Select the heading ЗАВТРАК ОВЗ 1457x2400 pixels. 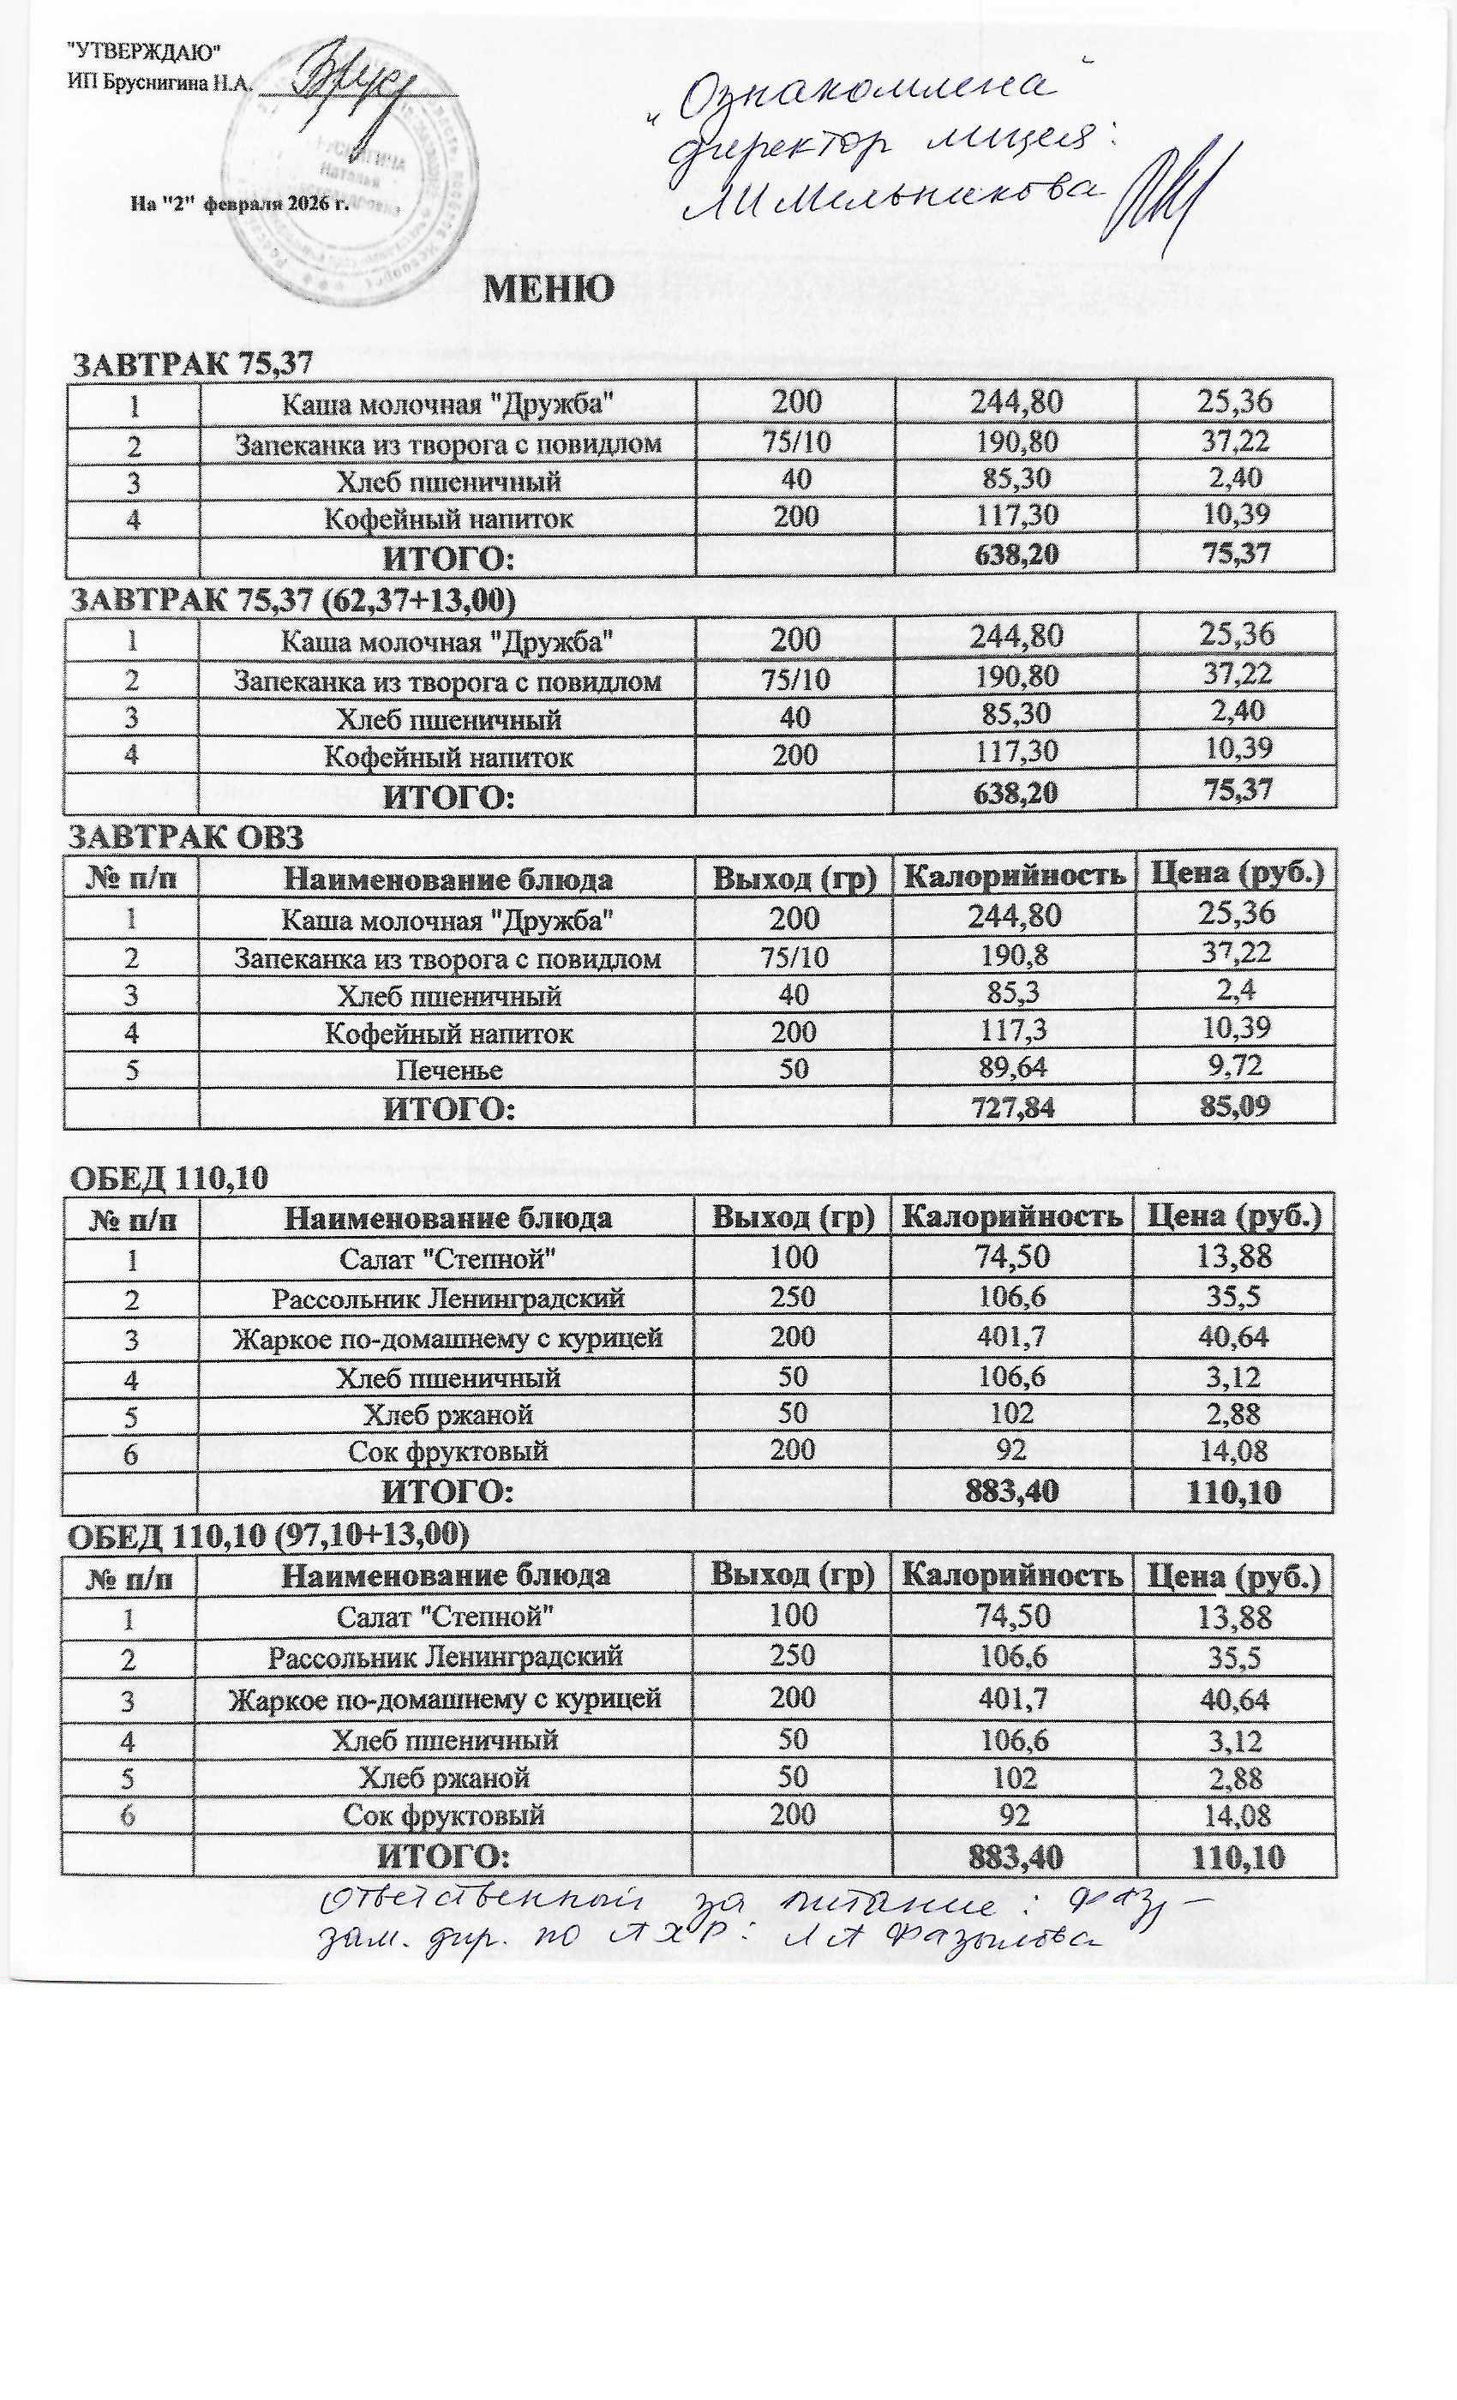click(x=189, y=837)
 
